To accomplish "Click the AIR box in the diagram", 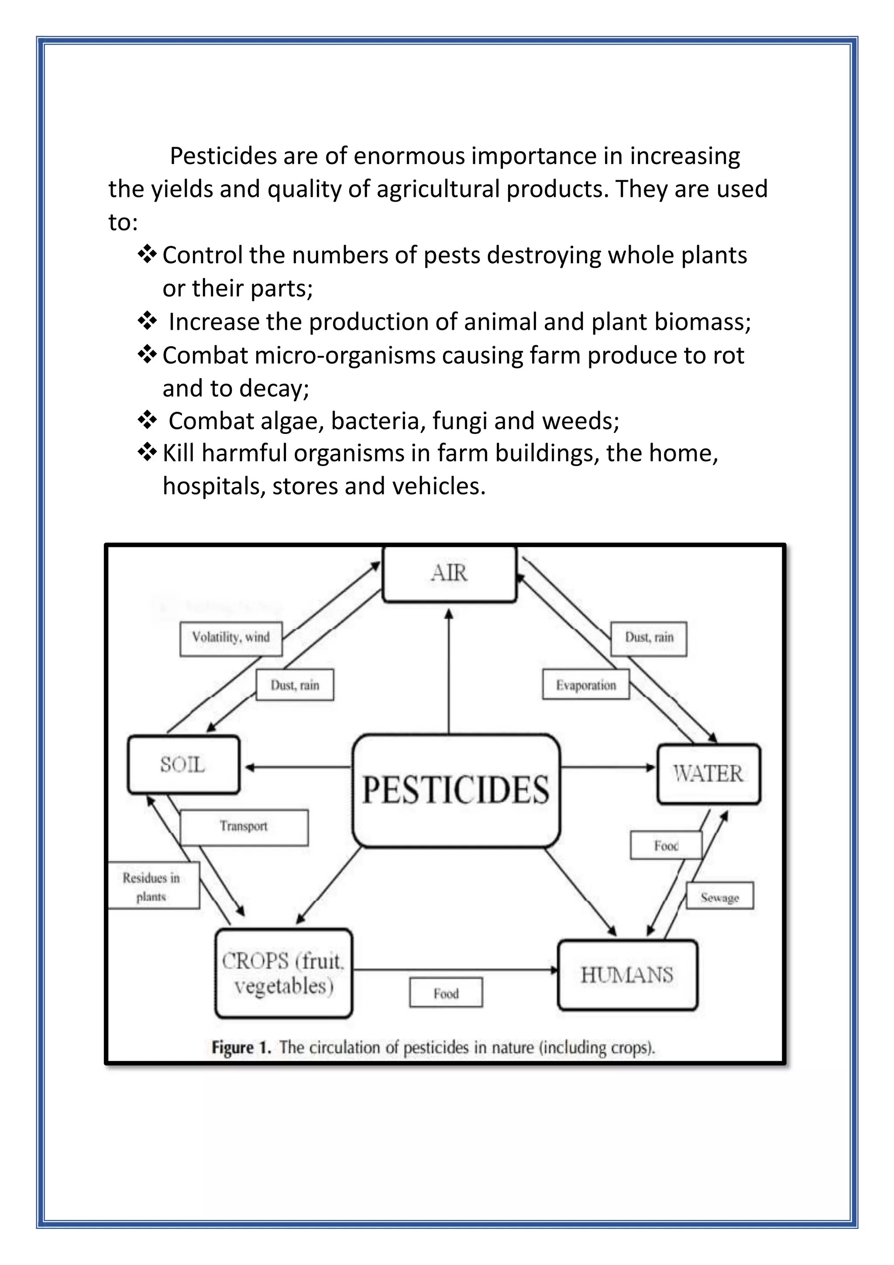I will pos(449,574).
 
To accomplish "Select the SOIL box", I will pos(183,765).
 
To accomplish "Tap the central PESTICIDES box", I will pos(456,791).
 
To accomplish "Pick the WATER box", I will pos(708,774).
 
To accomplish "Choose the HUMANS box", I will pos(627,975).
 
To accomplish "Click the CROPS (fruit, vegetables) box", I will pos(283,973).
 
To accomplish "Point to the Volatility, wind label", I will pos(231,638).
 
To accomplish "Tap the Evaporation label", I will pos(585,685).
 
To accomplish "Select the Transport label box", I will pos(244,826).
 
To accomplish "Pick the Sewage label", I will pos(719,897).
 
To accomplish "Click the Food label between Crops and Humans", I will pos(446,993).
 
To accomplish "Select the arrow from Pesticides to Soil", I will pos(297,767).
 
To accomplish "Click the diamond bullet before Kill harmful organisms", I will pos(147,453).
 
